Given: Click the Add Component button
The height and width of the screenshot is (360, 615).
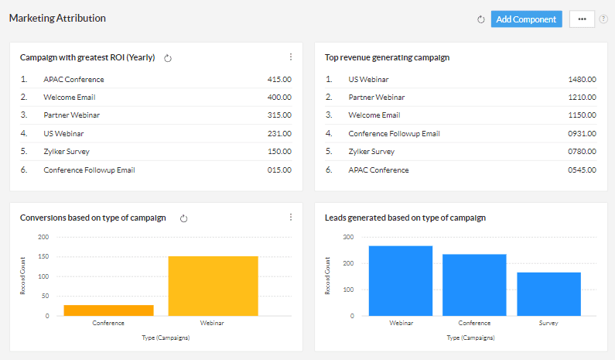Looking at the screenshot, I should click(526, 19).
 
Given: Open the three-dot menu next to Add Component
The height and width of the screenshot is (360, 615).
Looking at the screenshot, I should click(582, 19).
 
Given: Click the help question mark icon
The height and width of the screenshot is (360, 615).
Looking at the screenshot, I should click(603, 19).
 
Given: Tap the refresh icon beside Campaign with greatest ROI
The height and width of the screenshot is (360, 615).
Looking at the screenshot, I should click(168, 58).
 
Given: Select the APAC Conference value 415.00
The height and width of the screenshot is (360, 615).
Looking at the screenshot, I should click(278, 80).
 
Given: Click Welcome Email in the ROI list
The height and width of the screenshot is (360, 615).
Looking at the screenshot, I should click(70, 98).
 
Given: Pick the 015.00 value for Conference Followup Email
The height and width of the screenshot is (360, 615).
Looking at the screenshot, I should click(278, 170).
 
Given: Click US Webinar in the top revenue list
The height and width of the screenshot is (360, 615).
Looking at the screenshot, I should click(368, 80).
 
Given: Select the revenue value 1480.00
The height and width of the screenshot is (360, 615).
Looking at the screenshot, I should click(582, 80).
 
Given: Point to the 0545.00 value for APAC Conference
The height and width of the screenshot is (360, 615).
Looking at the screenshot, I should click(582, 170).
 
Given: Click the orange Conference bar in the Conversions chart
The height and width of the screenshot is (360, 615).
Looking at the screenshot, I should click(108, 310).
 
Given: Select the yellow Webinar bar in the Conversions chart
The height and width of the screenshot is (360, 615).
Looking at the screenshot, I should click(213, 286).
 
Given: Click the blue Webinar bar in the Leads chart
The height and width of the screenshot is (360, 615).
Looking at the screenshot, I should click(400, 280).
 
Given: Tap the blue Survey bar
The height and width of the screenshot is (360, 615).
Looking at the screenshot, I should click(548, 293).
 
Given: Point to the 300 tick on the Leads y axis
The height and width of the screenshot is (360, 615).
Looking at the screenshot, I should click(349, 238).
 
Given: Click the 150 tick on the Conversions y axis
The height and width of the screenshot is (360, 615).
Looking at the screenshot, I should click(43, 257).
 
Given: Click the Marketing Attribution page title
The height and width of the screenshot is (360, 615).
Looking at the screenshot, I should click(57, 18).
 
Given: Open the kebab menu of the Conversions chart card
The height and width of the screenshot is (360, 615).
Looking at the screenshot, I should click(291, 218).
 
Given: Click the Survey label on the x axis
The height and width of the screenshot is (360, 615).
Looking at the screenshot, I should click(548, 324).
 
